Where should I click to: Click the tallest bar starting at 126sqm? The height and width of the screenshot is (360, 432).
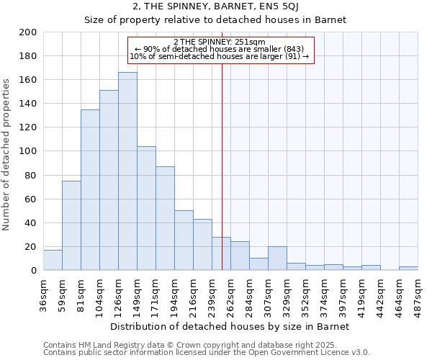tap(127, 171)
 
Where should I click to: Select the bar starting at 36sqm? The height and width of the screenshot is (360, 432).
tap(53, 260)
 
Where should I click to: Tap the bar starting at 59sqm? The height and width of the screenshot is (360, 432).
tap(71, 225)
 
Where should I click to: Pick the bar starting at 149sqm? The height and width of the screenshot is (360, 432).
tap(146, 208)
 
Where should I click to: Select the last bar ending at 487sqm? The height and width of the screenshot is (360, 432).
tap(408, 269)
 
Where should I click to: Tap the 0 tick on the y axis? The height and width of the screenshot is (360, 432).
tap(34, 271)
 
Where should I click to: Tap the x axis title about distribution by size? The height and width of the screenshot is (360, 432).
tap(230, 327)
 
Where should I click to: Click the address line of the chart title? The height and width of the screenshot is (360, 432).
tap(215, 7)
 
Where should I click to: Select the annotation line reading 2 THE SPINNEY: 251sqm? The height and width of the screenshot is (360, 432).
tap(220, 42)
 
